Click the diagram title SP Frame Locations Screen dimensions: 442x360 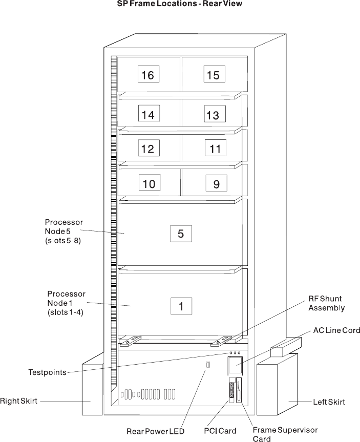pyautogui.click(x=180, y=4)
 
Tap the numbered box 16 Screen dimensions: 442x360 pyautogui.click(x=147, y=75)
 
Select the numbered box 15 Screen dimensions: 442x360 pyautogui.click(x=213, y=75)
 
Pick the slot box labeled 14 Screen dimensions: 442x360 pyautogui.click(x=148, y=115)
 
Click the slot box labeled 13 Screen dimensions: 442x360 pyautogui.click(x=213, y=115)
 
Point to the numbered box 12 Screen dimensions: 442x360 pyautogui.click(x=147, y=149)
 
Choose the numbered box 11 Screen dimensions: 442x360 pyautogui.click(x=215, y=149)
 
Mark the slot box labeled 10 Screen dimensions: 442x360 pyautogui.click(x=149, y=184)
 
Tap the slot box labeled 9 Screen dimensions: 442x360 pyautogui.click(x=216, y=184)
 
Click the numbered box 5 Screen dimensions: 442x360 pyautogui.click(x=181, y=234)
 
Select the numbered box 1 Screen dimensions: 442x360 pyautogui.click(x=181, y=306)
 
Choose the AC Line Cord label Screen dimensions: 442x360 pyautogui.click(x=336, y=331)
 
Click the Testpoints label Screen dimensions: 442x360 pyautogui.click(x=47, y=372)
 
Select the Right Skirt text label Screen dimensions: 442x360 pyautogui.click(x=19, y=402)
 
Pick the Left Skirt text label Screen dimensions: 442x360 pyautogui.click(x=329, y=402)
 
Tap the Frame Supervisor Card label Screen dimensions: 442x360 pyautogui.click(x=285, y=434)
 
